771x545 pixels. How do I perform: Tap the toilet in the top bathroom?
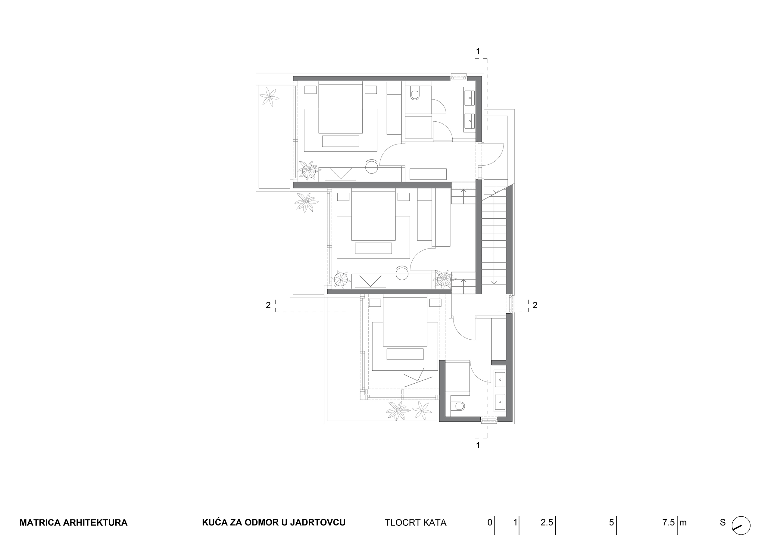point(415,93)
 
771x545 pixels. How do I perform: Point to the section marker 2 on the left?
point(268,305)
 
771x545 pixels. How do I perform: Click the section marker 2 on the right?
point(535,305)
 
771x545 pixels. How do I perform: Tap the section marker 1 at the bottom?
point(478,446)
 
